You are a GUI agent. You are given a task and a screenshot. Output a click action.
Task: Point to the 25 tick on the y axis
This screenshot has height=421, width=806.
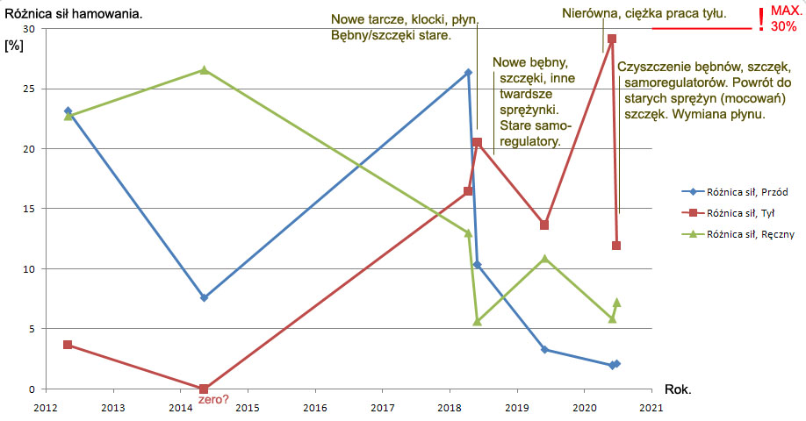pyautogui.click(x=26, y=89)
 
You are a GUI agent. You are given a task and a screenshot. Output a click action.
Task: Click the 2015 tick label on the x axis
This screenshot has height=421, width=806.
pyautogui.click(x=248, y=407)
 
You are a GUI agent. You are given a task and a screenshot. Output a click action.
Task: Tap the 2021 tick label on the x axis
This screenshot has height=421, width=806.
pyautogui.click(x=651, y=407)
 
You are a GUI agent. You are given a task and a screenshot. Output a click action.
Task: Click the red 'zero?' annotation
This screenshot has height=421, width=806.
pyautogui.click(x=215, y=400)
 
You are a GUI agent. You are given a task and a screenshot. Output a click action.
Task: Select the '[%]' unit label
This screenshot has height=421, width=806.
pyautogui.click(x=14, y=45)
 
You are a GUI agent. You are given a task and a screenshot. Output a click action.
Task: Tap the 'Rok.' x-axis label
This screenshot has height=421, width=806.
pyautogui.click(x=678, y=389)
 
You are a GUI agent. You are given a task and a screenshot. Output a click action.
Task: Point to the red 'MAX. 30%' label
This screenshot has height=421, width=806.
pyautogui.click(x=784, y=19)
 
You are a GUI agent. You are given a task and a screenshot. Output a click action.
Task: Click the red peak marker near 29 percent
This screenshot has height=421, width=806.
pyautogui.click(x=612, y=39)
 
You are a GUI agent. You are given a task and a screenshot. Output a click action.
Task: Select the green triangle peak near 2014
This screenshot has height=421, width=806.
pyautogui.click(x=204, y=70)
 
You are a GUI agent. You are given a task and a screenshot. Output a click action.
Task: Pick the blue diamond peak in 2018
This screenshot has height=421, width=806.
pyautogui.click(x=468, y=73)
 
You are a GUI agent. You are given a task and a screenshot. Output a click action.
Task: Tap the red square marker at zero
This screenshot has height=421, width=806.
pyautogui.click(x=204, y=389)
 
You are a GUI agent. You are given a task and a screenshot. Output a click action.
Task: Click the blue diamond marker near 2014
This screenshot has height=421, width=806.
pyautogui.click(x=204, y=298)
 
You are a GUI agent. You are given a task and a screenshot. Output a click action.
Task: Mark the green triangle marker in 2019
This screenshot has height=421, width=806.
pyautogui.click(x=544, y=259)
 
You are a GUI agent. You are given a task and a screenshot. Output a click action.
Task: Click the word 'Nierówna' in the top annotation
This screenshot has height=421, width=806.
pyautogui.click(x=590, y=13)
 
